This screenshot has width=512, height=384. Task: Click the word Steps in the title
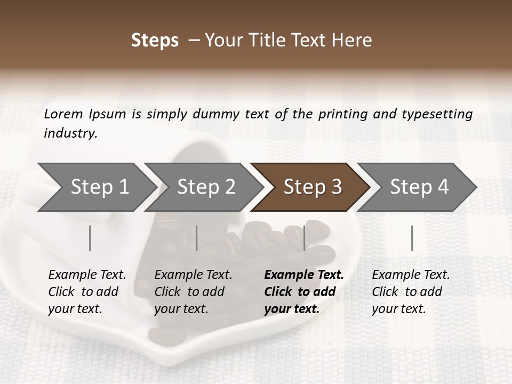(155, 41)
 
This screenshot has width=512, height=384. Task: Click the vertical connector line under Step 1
(90, 238)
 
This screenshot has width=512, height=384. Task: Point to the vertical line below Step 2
(197, 238)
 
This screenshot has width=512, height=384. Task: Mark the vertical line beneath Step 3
(305, 238)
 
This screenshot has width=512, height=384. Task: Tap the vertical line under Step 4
(412, 238)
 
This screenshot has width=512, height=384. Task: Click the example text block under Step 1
(87, 292)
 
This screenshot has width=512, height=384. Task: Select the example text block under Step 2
(193, 292)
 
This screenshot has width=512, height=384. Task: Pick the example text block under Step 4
(411, 292)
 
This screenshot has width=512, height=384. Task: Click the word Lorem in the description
(63, 114)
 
